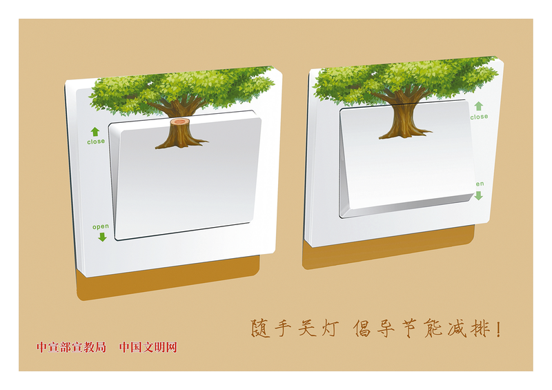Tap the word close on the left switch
click(96, 142)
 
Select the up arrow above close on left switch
click(95, 132)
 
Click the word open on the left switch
click(101, 226)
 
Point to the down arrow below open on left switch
click(102, 237)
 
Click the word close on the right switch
click(479, 117)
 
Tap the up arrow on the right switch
click(478, 106)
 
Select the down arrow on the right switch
click(478, 195)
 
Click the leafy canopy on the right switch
click(405, 79)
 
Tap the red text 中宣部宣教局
click(72, 347)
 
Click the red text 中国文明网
click(148, 347)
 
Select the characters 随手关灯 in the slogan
click(295, 329)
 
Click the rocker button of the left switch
click(186, 175)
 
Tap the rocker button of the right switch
click(406, 158)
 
